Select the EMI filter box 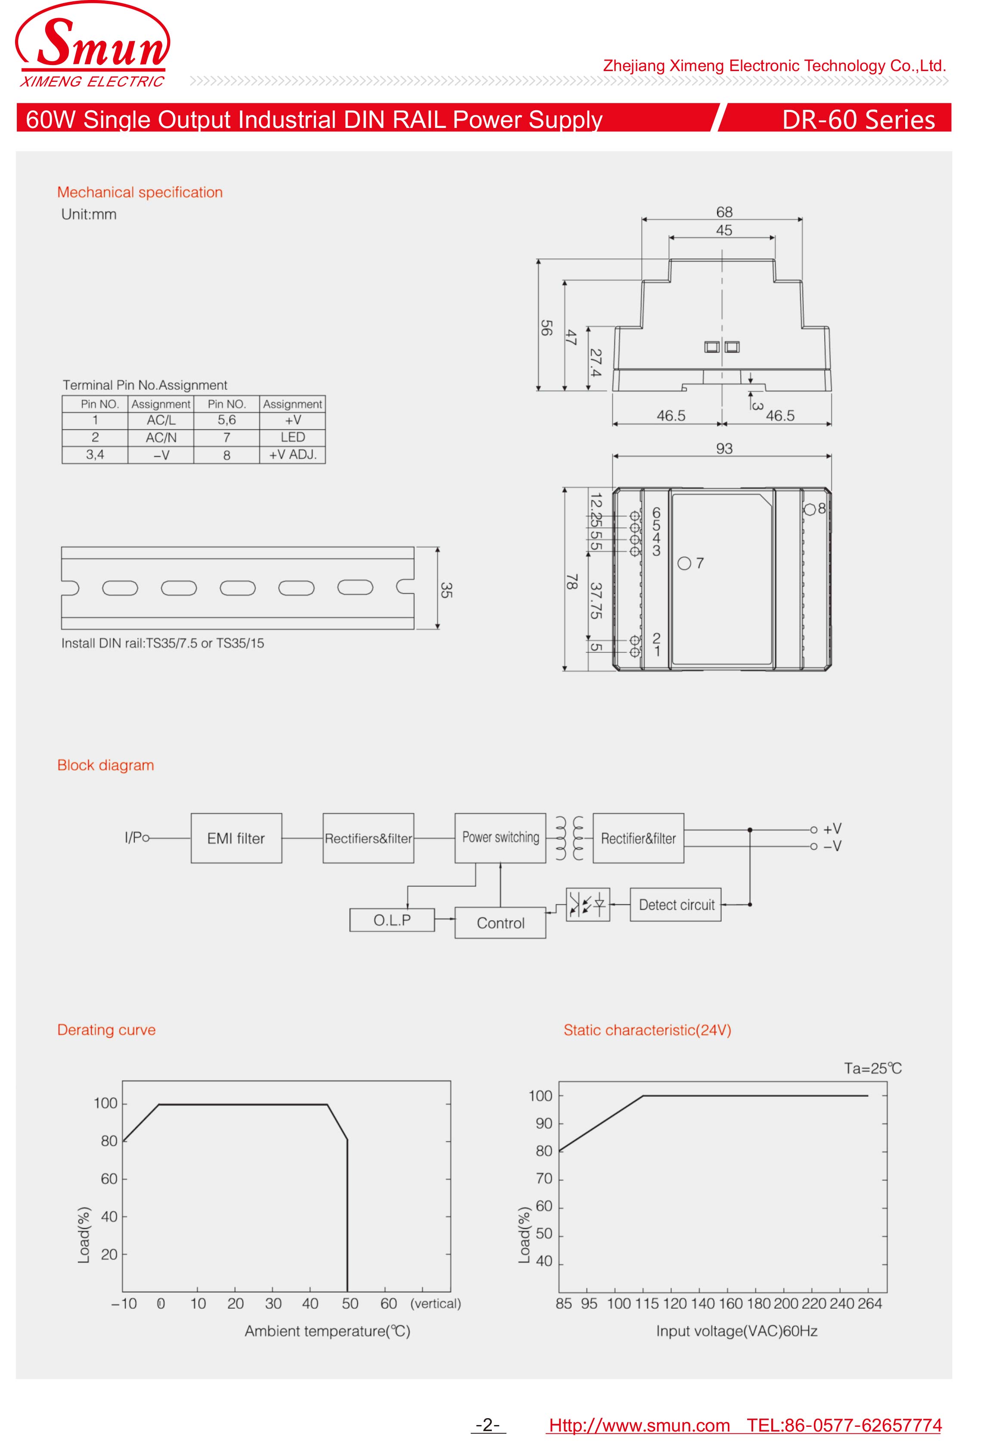pos(236,838)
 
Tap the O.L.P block pos(391,920)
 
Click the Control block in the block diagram pos(500,923)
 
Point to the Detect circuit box pos(676,905)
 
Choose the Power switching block pos(500,838)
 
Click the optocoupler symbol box pos(587,905)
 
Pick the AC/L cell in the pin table pos(161,420)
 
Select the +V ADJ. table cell pos(292,454)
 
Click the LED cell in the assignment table pos(292,437)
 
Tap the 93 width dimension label pos(724,448)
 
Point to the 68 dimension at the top pos(724,212)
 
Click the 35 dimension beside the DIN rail pos(446,590)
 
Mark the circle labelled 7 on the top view pos(684,563)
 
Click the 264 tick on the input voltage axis pos(869,1303)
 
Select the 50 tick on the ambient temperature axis pos(350,1303)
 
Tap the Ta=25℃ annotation pos(872,1068)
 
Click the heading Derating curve pos(106,1030)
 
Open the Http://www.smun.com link pos(639,1425)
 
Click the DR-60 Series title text pos(858,120)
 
